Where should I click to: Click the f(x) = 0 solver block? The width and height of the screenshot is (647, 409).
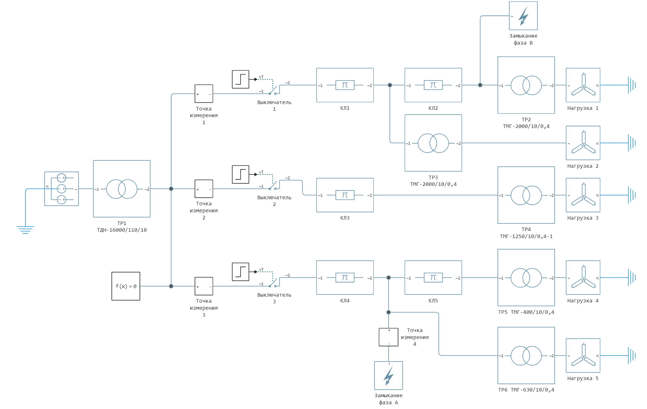tap(126, 286)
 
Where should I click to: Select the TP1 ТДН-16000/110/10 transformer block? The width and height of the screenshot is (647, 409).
tap(122, 189)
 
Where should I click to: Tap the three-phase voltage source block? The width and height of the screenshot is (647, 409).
tap(62, 189)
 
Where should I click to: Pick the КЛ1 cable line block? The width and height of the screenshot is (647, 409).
tap(345, 85)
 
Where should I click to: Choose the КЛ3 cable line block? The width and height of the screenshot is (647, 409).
tap(345, 195)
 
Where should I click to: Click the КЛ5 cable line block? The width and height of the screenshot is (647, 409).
tap(433, 278)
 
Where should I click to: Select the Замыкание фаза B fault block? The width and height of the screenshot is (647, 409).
tap(523, 16)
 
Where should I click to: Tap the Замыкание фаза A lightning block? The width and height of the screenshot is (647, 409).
tap(389, 375)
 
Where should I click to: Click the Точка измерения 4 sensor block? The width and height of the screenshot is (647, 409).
tap(389, 337)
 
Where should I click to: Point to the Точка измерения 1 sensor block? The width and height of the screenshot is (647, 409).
tap(204, 94)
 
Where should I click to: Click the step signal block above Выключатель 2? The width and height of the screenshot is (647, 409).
tap(240, 174)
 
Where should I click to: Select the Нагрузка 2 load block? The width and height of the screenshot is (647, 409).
tap(583, 143)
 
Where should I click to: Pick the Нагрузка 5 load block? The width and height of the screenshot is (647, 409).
tap(583, 355)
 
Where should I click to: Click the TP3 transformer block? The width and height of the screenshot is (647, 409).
tap(433, 143)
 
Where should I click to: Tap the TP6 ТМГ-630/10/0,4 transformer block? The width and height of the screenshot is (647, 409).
tap(526, 355)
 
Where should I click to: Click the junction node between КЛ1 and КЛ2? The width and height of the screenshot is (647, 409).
tap(390, 85)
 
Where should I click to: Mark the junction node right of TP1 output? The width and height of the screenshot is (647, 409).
tap(171, 189)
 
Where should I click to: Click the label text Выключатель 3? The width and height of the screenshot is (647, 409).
tap(274, 298)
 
